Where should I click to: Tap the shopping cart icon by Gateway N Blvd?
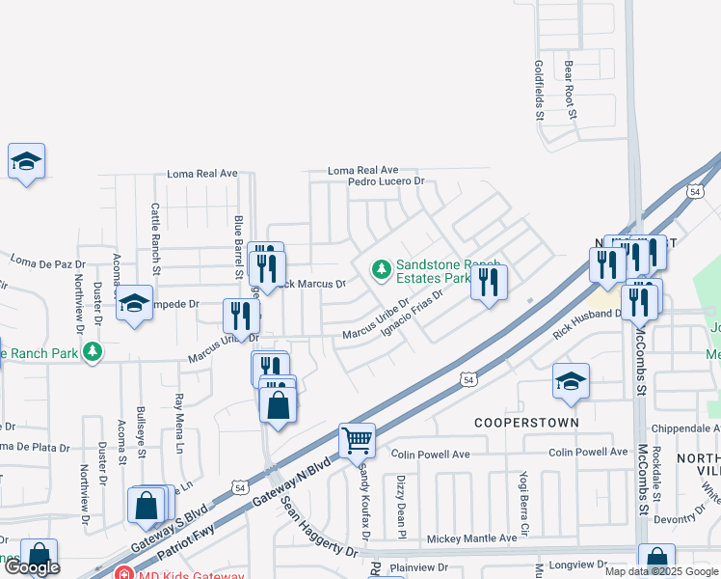tap(358, 440)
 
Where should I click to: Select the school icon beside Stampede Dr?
tap(135, 304)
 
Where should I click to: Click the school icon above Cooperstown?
tap(571, 381)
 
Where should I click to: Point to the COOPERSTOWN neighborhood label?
tap(526, 423)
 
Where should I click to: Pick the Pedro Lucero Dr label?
tap(386, 181)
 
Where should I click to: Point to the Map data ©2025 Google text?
tap(661, 571)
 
